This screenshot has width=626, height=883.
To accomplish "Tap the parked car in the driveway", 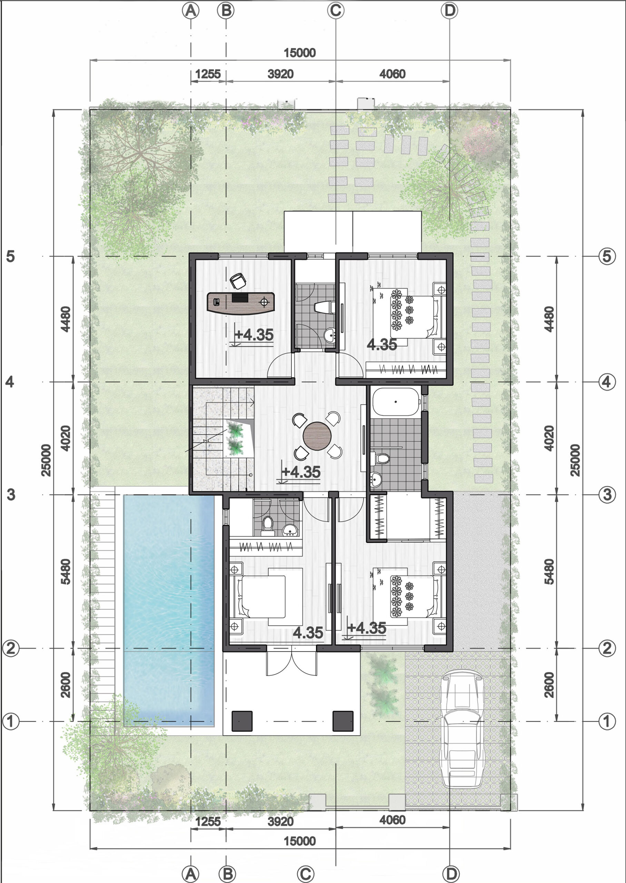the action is [462, 728].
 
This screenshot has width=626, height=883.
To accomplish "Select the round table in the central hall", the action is [317, 436].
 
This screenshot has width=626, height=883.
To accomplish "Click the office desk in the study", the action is [240, 303].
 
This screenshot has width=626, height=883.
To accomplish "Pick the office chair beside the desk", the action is [238, 280].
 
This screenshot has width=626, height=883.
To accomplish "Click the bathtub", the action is [396, 402].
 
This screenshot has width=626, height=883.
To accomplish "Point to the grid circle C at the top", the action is [335, 10].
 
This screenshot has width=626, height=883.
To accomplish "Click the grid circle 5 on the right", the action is [607, 256].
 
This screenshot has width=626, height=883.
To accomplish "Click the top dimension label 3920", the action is [281, 74].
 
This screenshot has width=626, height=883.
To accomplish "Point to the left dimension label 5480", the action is [66, 572].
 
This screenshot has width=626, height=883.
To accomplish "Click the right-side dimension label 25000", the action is [575, 460].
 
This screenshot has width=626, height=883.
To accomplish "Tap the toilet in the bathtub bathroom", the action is [381, 459].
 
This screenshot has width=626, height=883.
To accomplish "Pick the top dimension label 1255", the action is [208, 74].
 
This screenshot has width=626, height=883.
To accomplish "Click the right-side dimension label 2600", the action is [549, 685].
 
